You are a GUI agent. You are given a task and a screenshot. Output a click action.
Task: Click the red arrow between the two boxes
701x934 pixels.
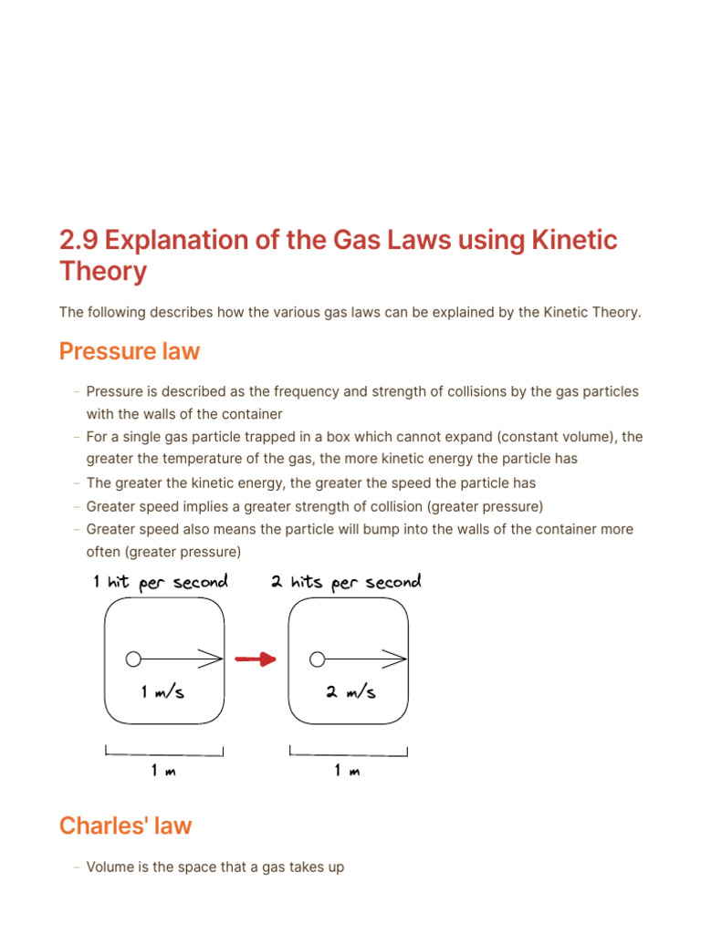coord(256,659)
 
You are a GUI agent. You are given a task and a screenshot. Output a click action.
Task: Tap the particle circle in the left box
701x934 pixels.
coord(133,659)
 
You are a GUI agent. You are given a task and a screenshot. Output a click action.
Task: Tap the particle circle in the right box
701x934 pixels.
coord(318,659)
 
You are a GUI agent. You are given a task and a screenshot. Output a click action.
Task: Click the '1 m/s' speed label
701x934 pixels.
coord(163,692)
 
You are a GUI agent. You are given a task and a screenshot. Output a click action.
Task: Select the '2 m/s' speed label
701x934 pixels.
coord(350,692)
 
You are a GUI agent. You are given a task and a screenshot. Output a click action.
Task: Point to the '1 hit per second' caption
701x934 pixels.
coord(160,583)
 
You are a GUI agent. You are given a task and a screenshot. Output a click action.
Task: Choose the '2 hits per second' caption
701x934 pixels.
coord(346,583)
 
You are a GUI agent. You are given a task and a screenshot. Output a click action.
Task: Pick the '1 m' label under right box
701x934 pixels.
coord(347,772)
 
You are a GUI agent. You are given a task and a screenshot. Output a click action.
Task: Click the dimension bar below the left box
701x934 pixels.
coord(164,753)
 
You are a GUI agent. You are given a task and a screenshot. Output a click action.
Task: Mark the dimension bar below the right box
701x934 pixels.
coord(349,753)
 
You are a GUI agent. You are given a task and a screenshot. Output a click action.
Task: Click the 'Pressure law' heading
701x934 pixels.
coord(130,351)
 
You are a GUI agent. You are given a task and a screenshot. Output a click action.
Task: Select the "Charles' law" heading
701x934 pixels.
coord(126,826)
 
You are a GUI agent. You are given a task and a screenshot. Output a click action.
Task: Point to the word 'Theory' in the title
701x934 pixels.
coord(103,272)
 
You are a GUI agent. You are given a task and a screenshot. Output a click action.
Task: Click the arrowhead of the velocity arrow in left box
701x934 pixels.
coord(214,659)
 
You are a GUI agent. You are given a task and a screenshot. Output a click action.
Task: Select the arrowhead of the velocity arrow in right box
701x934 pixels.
coord(397,659)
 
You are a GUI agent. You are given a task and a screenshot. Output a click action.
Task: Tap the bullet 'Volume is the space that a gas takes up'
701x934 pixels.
coord(214,867)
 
